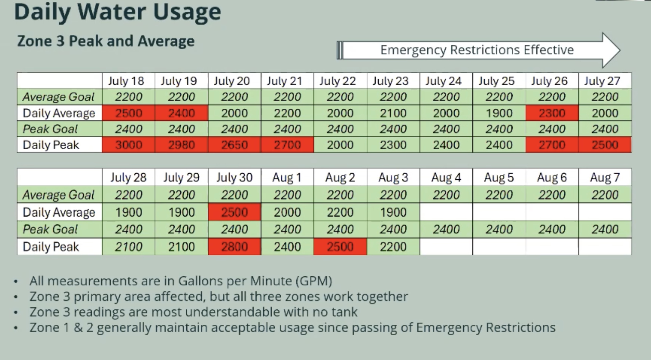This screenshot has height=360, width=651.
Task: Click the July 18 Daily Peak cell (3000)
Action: [128, 145]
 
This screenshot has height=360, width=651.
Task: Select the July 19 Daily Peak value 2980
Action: [181, 145]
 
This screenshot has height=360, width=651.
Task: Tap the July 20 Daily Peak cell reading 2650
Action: [235, 145]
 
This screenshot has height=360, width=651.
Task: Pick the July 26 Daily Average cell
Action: [552, 113]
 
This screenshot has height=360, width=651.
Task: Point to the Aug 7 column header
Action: [605, 177]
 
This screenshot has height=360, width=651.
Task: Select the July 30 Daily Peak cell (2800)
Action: [235, 247]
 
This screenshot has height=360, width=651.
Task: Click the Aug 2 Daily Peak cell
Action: [340, 247]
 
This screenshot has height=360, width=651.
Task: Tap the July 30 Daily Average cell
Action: [235, 212]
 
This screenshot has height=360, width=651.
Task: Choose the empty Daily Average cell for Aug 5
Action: [499, 212]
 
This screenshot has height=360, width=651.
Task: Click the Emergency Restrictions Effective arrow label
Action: [477, 50]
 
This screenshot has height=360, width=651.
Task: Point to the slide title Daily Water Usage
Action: [118, 12]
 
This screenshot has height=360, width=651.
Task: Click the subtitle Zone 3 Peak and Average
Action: [106, 41]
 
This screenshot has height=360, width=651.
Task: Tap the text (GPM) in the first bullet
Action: [314, 281]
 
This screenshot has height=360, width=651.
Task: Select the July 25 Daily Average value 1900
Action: [499, 113]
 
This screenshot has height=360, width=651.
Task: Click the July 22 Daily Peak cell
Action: [340, 145]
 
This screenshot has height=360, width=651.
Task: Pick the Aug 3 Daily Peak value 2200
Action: [393, 247]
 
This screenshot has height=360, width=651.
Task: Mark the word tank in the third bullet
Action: [345, 312]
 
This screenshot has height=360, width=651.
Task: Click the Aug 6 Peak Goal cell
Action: [552, 230]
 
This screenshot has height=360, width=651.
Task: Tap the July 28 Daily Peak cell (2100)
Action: [128, 247]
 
